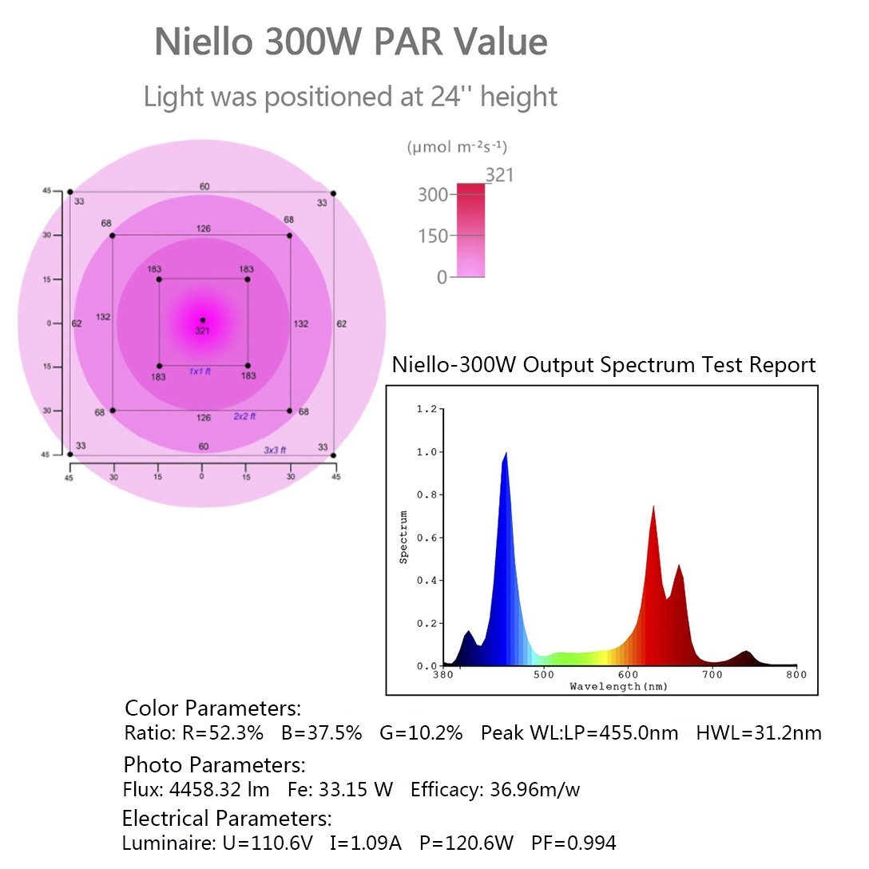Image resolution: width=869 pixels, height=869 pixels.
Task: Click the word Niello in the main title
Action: pyautogui.click(x=202, y=42)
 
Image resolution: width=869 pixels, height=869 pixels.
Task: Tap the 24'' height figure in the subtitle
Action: pyautogui.click(x=435, y=97)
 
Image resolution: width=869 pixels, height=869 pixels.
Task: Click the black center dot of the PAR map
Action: pyautogui.click(x=202, y=319)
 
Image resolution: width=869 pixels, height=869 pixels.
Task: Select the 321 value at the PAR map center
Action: pyautogui.click(x=202, y=331)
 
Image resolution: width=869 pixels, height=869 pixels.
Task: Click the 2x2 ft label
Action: pyautogui.click(x=244, y=416)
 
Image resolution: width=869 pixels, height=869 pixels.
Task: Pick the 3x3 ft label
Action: pyautogui.click(x=275, y=450)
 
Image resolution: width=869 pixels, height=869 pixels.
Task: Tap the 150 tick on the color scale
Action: pyautogui.click(x=432, y=236)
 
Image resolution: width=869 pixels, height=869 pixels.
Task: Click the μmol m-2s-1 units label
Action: pyautogui.click(x=457, y=147)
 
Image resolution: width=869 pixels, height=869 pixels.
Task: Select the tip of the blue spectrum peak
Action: pyautogui.click(x=506, y=453)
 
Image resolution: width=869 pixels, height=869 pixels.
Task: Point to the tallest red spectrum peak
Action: pyautogui.click(x=653, y=506)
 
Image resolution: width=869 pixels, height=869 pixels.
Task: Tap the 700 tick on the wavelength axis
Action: pyautogui.click(x=712, y=675)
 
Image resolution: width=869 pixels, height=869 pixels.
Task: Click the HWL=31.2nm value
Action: pyautogui.click(x=759, y=732)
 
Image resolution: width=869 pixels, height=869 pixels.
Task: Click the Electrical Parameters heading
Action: pyautogui.click(x=227, y=818)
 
